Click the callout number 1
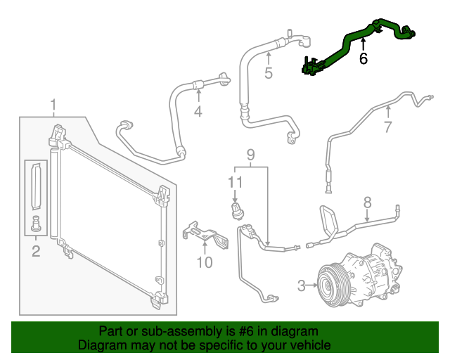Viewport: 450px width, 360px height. coord(53,106)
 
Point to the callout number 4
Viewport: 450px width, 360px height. coord(198,112)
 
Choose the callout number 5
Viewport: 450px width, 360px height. coord(268,72)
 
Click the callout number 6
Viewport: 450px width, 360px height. coord(363,59)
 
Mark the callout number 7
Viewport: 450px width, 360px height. coord(387,127)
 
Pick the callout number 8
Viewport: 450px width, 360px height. coord(366,202)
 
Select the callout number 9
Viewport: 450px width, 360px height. coord(250,155)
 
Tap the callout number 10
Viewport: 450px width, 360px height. coord(204,263)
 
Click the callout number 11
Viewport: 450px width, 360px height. coord(235,182)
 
